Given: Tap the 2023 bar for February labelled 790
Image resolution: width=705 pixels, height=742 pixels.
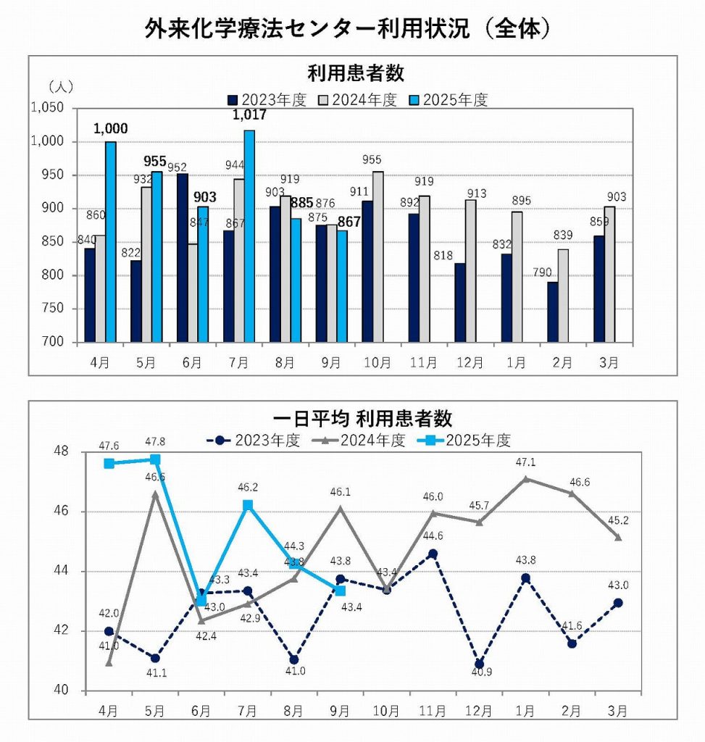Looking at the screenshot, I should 553,312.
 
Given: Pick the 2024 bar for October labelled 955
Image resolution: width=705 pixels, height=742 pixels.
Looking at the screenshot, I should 378,257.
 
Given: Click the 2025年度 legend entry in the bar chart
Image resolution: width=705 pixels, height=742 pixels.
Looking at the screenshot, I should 449,100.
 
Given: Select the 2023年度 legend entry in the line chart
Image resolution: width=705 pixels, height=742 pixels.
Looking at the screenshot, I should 253,440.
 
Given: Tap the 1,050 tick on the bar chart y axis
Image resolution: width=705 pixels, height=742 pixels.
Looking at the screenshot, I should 48,108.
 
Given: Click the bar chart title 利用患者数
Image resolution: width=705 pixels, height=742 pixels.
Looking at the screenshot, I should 355,74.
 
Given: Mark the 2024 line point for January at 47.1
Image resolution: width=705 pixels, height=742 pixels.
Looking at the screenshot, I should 525,479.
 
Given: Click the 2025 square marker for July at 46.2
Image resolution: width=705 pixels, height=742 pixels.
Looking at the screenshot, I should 248,505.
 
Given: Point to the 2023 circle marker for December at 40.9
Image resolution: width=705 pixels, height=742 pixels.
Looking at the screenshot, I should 479,664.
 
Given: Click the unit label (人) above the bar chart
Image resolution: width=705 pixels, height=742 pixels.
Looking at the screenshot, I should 61,87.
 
